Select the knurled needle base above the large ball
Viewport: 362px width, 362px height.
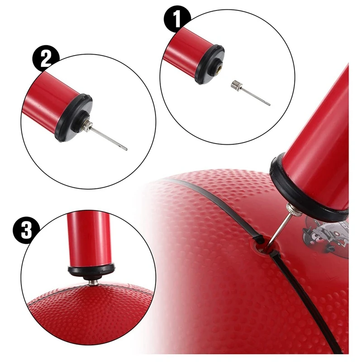(x=290, y=210)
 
